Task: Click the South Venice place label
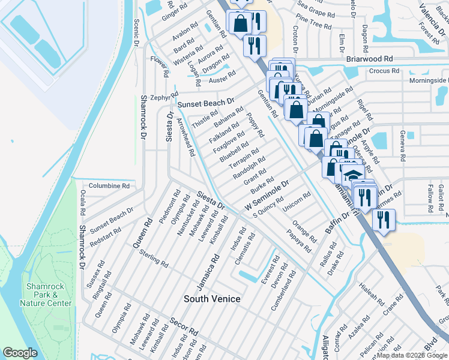pos(212,299)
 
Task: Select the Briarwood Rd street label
pos(369,59)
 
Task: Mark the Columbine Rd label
pos(109,186)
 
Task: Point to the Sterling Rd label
pos(153,260)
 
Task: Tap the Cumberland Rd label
pos(284,289)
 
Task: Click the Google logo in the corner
pos(20,353)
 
